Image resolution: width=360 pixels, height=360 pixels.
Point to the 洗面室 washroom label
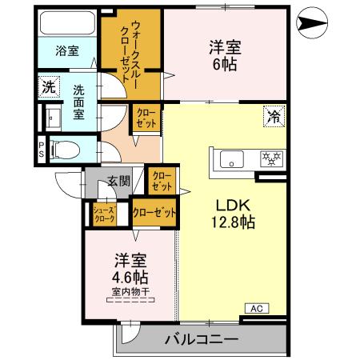click(78, 102)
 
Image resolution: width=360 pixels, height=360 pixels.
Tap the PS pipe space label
click(41, 149)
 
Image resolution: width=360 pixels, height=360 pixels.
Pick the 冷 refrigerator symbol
click(274, 118)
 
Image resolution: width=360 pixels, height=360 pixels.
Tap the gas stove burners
click(273, 158)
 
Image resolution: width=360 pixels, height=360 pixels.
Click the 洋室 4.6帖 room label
click(129, 268)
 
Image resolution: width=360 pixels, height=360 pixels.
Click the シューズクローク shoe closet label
click(104, 214)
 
